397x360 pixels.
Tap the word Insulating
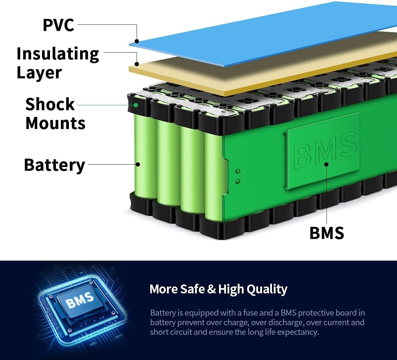coord(58,54)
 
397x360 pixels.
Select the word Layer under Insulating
coord(39,73)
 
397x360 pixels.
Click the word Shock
coord(50,104)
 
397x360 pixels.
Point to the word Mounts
coord(55,123)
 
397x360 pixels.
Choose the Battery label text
coord(55,165)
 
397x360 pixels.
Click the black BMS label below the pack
coord(327,232)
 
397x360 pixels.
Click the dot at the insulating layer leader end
coord(136,64)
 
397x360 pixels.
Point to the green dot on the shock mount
coord(136,105)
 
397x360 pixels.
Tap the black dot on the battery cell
coord(138,164)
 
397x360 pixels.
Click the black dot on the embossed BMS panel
coord(326,164)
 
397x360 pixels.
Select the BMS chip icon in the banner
coord(79,299)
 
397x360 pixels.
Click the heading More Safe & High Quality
coord(218,289)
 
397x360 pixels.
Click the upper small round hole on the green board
coord(237,171)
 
